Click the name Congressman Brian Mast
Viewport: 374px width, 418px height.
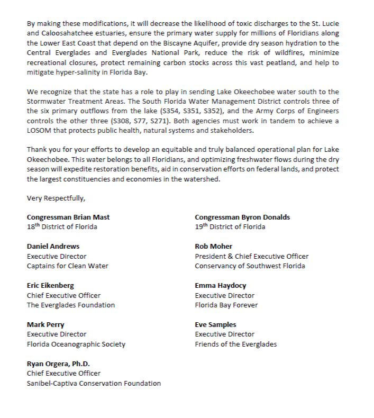[68, 217]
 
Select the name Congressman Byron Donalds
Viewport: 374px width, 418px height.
[242, 217]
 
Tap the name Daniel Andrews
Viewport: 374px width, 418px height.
[53, 246]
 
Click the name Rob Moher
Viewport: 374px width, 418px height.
[214, 246]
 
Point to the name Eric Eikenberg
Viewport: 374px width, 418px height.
[51, 286]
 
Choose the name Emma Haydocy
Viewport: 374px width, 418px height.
[221, 286]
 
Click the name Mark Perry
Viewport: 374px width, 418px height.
[47, 324]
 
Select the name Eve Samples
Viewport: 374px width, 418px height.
[215, 324]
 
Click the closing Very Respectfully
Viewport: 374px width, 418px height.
[56, 198]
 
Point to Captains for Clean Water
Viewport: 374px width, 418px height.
[68, 266]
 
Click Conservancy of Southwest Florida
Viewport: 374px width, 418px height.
[250, 266]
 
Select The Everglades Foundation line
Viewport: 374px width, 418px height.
[71, 305]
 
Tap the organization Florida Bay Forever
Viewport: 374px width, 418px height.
[226, 305]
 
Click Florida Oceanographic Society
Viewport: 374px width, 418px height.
[76, 344]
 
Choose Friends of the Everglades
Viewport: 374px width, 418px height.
[235, 344]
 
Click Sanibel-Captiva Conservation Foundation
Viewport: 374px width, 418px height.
[94, 383]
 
